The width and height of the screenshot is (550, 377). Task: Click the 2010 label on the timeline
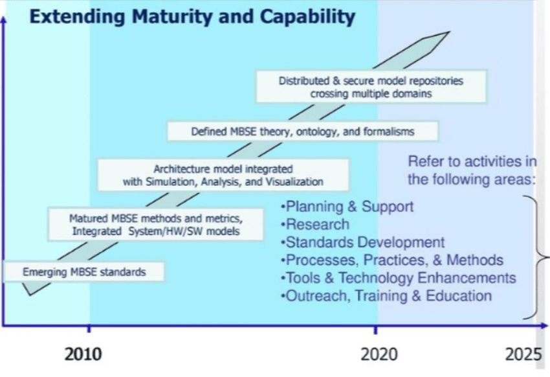[x=83, y=354]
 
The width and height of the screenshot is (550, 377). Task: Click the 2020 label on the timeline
[x=379, y=354]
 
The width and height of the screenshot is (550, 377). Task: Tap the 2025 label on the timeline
[x=523, y=354]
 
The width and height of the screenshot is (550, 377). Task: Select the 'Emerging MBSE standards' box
[x=83, y=271]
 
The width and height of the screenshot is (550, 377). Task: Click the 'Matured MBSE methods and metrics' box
[x=155, y=225]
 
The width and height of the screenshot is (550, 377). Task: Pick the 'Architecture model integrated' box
[x=223, y=175]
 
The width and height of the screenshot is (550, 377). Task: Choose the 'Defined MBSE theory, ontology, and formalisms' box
[x=302, y=131]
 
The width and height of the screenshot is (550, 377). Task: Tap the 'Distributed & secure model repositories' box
[x=371, y=87]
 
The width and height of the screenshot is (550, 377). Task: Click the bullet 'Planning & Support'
[x=347, y=207]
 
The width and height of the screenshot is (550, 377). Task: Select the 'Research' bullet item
[x=315, y=224]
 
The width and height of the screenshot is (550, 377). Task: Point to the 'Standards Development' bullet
[x=363, y=242]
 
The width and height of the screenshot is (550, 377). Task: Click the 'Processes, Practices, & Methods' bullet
[x=392, y=260]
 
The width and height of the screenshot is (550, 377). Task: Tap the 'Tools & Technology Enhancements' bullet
[x=399, y=278]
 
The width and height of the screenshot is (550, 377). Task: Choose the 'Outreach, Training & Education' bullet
[x=386, y=296]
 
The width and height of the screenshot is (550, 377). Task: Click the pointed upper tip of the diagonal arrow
[x=449, y=32]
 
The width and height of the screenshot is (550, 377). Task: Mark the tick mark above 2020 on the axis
[x=376, y=330]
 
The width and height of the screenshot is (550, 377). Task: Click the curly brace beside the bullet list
[x=537, y=258]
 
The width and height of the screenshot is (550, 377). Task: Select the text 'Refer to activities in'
[x=472, y=161]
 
